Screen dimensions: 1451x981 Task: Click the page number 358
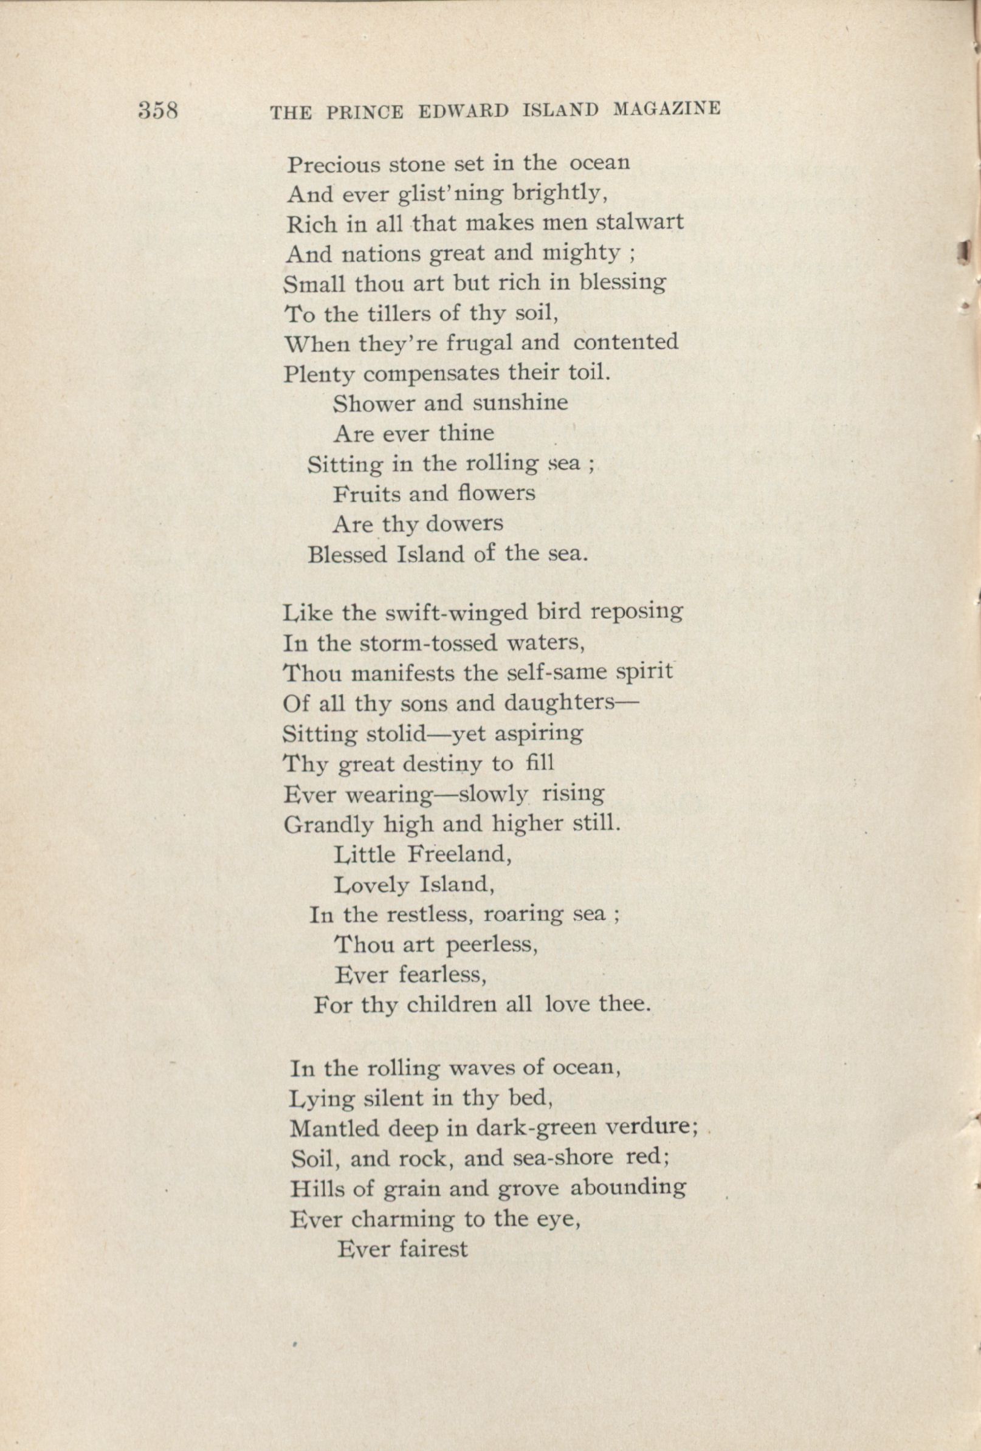pyautogui.click(x=159, y=111)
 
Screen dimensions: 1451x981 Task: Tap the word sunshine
pyautogui.click(x=520, y=403)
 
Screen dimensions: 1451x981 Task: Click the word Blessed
pyautogui.click(x=348, y=554)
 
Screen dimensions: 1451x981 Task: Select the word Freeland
pyautogui.click(x=460, y=854)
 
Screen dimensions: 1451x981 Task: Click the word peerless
pyautogui.click(x=492, y=945)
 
